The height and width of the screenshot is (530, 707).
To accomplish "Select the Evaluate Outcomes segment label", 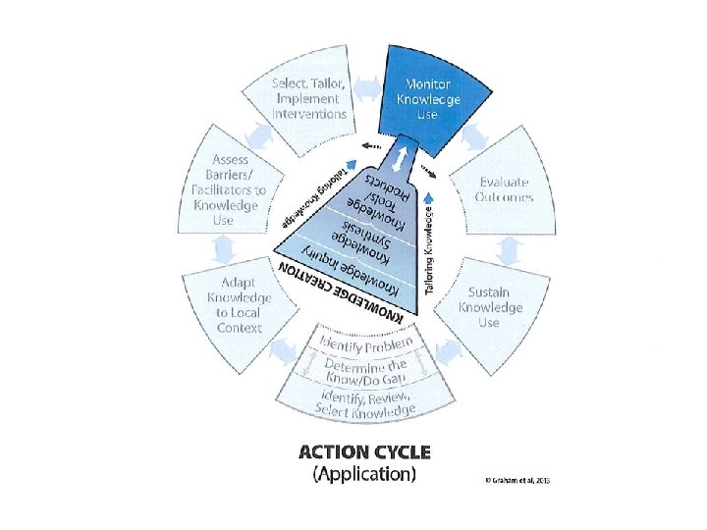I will pos(505,188).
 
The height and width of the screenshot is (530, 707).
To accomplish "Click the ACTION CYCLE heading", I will pos(363,453).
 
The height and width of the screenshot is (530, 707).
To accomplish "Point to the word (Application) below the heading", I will pos(364,475).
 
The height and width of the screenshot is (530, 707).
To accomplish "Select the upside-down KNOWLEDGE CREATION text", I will pos(345,291).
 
